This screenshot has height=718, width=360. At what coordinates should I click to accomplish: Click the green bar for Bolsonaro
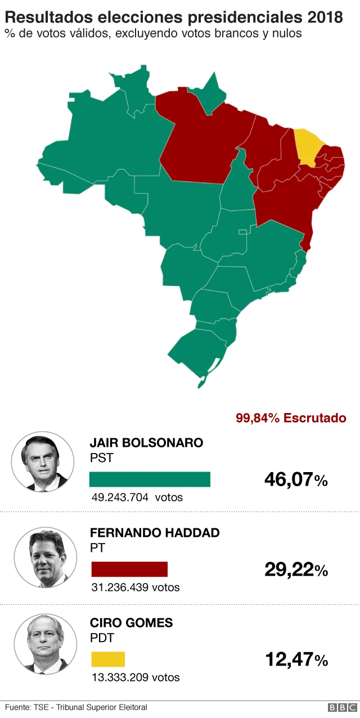(150, 479)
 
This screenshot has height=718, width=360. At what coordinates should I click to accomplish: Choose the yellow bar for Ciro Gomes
(108, 659)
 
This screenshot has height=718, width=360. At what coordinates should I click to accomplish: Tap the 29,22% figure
(296, 570)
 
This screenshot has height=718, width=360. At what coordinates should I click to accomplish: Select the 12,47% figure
(296, 659)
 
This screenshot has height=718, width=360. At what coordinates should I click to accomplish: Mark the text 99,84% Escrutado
(291, 418)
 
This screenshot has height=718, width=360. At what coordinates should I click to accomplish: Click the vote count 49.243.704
(120, 497)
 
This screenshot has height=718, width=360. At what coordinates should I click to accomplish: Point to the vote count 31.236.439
(120, 587)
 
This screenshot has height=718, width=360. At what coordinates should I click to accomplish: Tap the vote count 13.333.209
(120, 677)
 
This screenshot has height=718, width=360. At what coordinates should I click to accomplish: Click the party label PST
(101, 458)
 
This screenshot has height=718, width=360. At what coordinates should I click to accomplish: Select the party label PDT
(102, 638)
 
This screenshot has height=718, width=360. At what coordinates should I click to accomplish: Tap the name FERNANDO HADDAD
(155, 533)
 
